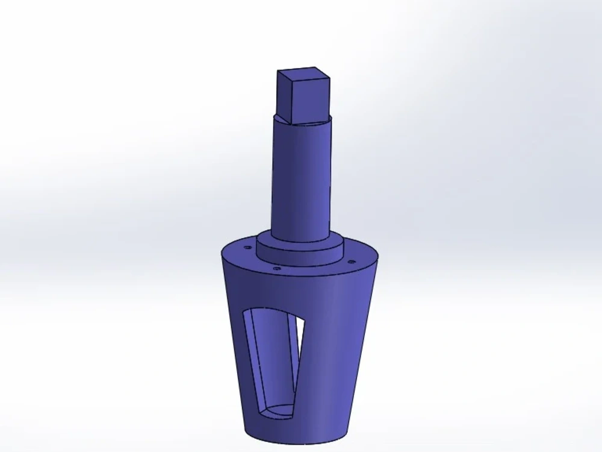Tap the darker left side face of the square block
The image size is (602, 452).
pyautogui.click(x=284, y=96)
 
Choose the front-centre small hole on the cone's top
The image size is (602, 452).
pyautogui.click(x=276, y=268)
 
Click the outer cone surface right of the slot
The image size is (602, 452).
pyautogui.click(x=337, y=350)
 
